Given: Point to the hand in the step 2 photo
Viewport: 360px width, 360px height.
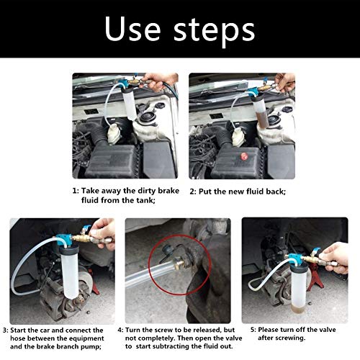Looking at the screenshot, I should click(x=285, y=82).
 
